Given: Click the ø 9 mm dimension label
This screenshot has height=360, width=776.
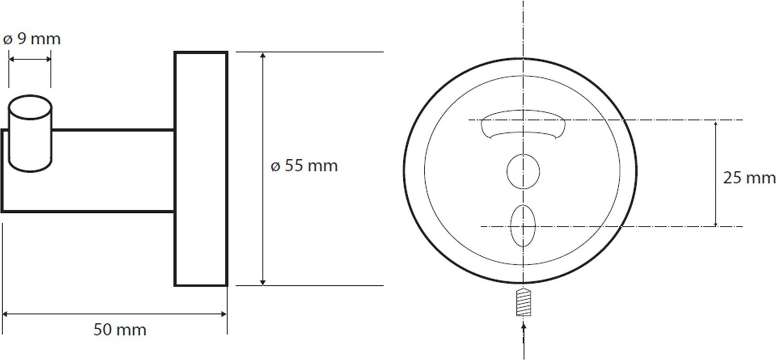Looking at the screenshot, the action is [32, 39].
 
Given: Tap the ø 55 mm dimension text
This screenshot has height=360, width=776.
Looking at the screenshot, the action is [304, 166].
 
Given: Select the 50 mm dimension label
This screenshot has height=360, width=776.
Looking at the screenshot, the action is [120, 329].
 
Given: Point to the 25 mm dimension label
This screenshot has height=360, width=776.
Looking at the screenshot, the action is [749, 178].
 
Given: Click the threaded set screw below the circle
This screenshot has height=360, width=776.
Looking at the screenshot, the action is [524, 302].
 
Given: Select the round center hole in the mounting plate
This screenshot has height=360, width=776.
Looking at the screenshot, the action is [523, 172].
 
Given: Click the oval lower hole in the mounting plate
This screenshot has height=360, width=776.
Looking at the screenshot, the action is [523, 226].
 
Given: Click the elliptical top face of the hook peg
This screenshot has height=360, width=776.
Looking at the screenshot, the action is [30, 108].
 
